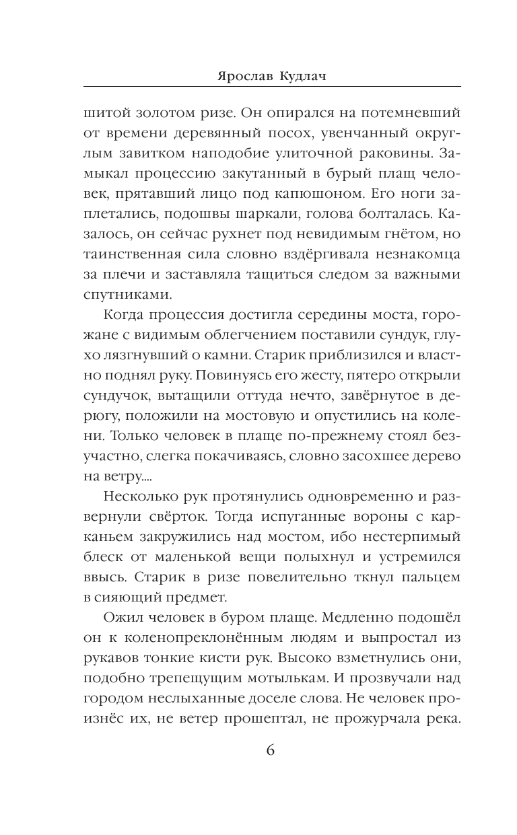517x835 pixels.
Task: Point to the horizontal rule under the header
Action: point(272,87)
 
